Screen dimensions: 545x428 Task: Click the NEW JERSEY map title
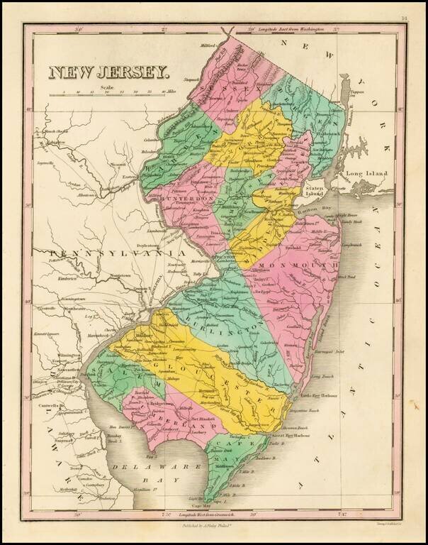click(108, 72)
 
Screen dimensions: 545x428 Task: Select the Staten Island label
click(315, 191)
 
